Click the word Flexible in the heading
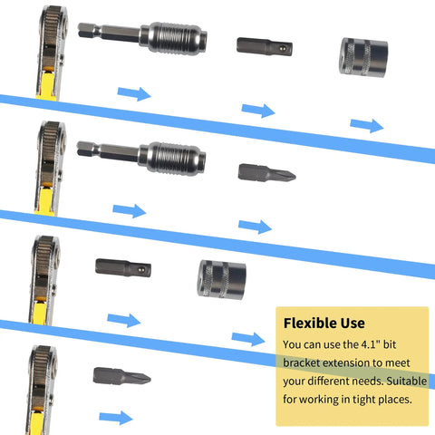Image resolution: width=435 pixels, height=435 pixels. tap(310, 323)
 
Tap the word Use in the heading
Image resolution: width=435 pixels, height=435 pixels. tap(353, 324)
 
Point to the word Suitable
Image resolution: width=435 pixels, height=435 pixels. tap(407, 381)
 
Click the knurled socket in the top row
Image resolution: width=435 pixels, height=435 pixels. tap(363, 57)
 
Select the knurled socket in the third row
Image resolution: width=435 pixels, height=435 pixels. tap(221, 279)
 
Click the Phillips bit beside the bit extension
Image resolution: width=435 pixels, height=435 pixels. tap(266, 173)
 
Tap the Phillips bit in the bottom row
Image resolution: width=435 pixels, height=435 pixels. tap(121, 376)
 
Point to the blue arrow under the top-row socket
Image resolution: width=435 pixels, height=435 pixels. tap(367, 125)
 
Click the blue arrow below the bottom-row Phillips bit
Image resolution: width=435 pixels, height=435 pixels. tap(116, 418)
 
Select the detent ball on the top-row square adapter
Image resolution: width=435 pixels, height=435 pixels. tap(282, 48)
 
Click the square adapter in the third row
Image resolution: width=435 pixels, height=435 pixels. tap(123, 267)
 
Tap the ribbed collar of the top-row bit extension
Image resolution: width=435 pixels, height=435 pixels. tap(175, 38)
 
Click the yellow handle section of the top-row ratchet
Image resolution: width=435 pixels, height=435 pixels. tap(48, 85)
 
